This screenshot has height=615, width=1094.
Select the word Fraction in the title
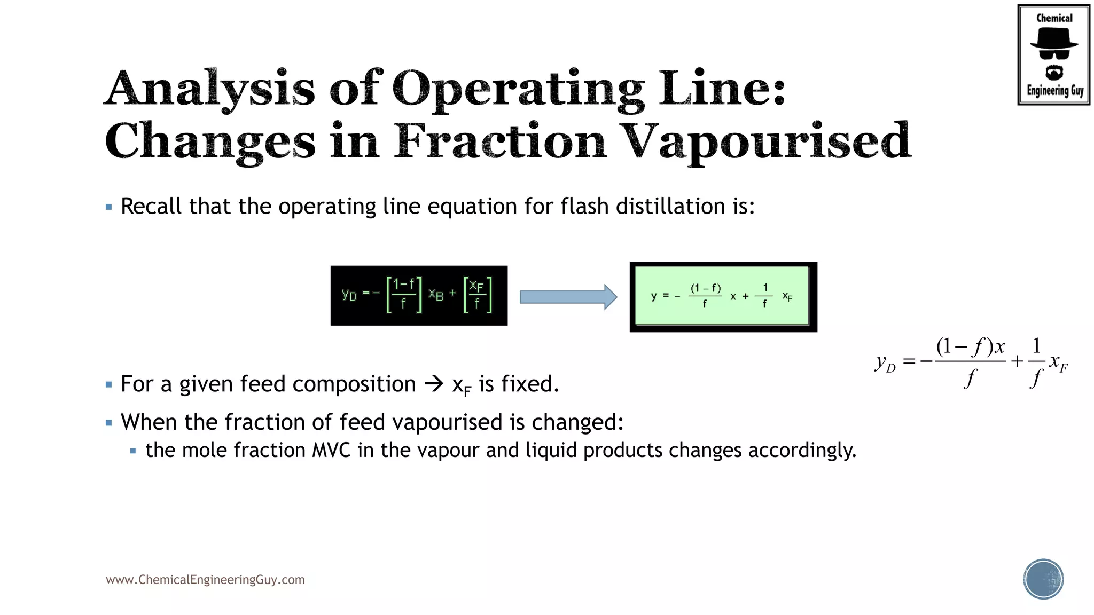tap(500, 140)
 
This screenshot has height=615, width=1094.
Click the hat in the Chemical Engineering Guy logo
tap(1053, 38)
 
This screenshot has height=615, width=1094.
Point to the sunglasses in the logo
tap(1053, 54)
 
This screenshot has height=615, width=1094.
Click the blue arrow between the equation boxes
tap(568, 297)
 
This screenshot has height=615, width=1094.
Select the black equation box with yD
tap(419, 295)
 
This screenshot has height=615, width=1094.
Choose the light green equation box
tap(722, 296)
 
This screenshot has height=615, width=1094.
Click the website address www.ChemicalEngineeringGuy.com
tap(205, 580)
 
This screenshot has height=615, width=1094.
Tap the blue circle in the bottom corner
tap(1043, 579)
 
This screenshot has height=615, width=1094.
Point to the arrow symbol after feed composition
tap(434, 384)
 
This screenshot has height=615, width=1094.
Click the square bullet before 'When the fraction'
tap(109, 423)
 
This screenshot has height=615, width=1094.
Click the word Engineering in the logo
tap(1048, 90)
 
